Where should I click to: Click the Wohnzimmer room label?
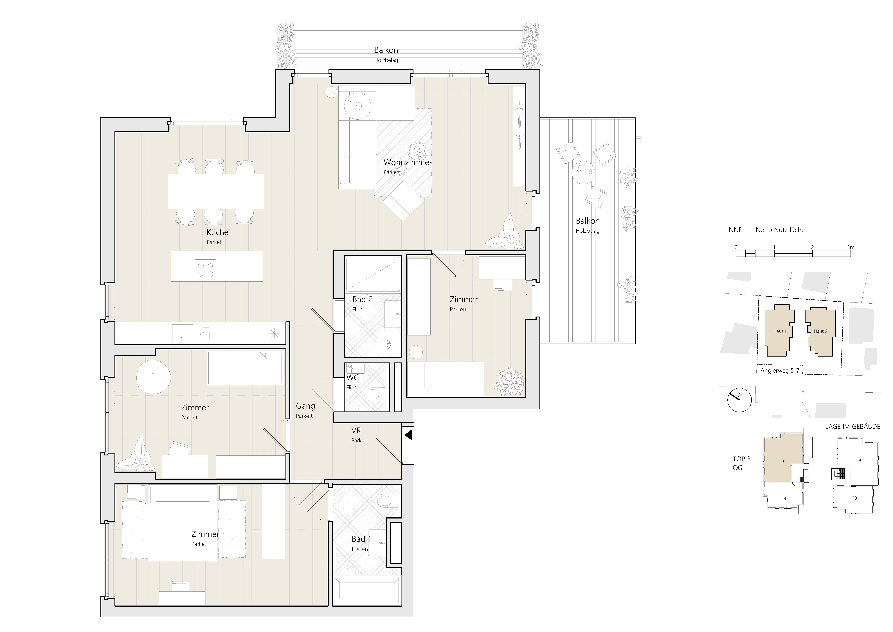click(x=408, y=162)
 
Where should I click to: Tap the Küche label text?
click(x=217, y=232)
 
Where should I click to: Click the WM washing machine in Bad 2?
click(x=388, y=344)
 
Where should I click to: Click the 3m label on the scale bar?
click(x=851, y=247)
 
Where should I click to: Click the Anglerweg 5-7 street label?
click(x=780, y=370)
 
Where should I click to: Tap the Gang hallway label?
click(x=305, y=406)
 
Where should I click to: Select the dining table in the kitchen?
click(x=216, y=191)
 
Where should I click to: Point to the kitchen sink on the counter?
click(x=182, y=333)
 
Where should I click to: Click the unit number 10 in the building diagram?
click(x=854, y=498)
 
